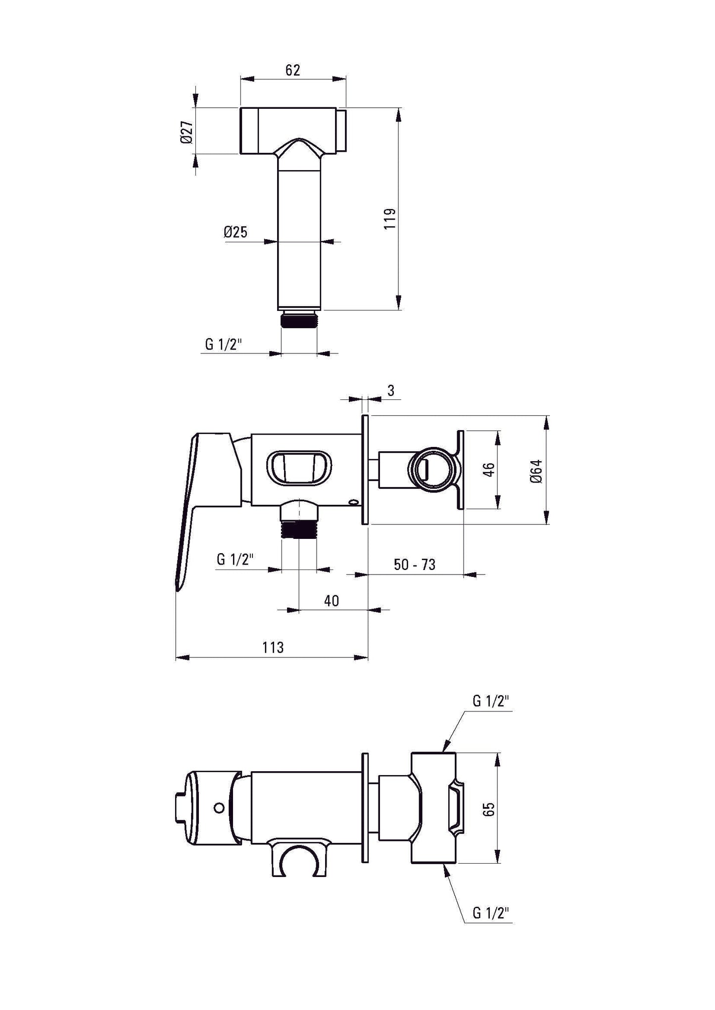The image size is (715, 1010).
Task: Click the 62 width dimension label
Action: pyautogui.click(x=292, y=70)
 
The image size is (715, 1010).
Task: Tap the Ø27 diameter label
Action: pyautogui.click(x=186, y=132)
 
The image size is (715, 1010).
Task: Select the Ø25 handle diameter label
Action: pyautogui.click(x=235, y=232)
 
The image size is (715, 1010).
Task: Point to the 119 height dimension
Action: pyautogui.click(x=390, y=218)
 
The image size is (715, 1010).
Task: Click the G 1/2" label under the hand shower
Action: pyautogui.click(x=224, y=344)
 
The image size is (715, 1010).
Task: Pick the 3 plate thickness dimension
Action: pyautogui.click(x=390, y=391)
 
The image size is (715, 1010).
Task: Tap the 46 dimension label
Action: pyautogui.click(x=488, y=469)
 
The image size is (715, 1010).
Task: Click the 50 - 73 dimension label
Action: pyautogui.click(x=415, y=565)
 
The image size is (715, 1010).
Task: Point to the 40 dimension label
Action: pyautogui.click(x=331, y=601)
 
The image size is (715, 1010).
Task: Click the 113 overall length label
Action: pyautogui.click(x=273, y=647)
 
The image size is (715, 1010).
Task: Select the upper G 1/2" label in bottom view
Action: pyautogui.click(x=491, y=701)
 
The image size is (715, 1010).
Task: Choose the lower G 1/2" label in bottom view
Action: pyautogui.click(x=491, y=913)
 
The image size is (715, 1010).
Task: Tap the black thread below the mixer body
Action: pyautogui.click(x=298, y=531)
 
